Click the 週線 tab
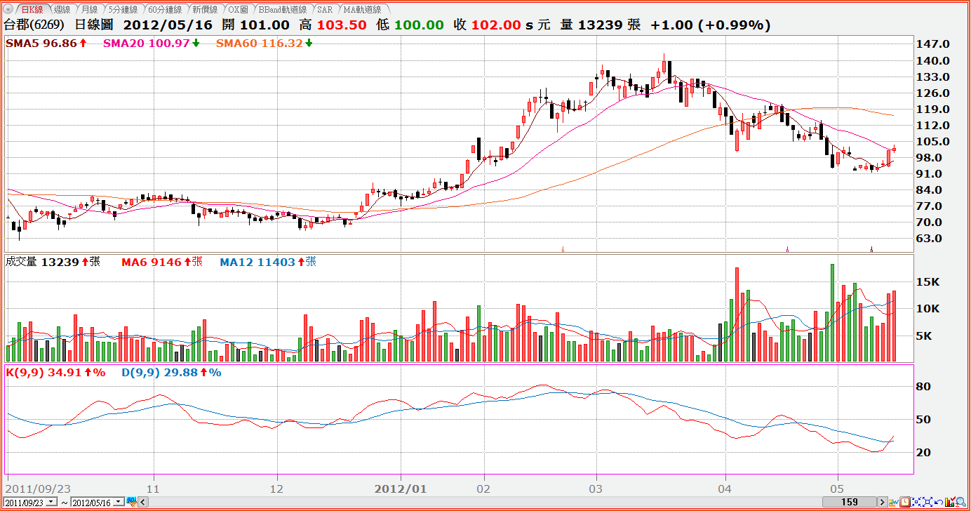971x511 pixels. [x=61, y=10]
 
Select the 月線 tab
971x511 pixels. [x=89, y=10]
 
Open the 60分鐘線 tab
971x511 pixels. [x=165, y=10]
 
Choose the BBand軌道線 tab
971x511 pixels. [x=283, y=10]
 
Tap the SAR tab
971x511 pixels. [x=325, y=10]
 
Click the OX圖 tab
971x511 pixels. [x=239, y=10]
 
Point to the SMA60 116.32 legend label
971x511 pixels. [x=260, y=44]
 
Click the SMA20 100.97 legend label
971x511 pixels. [x=147, y=44]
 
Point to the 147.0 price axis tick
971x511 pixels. [x=932, y=44]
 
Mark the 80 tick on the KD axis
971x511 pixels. [x=923, y=387]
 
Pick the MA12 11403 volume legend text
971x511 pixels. [x=257, y=263]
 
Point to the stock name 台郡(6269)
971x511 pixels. [x=34, y=25]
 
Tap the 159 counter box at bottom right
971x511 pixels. [x=850, y=502]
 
